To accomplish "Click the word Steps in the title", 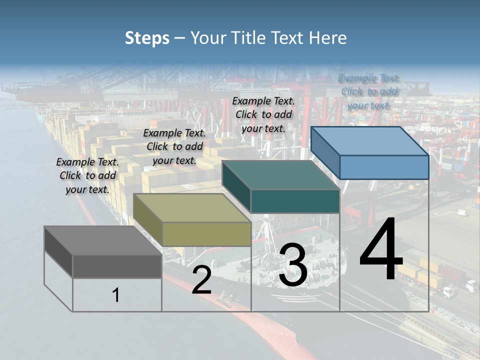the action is (147, 38).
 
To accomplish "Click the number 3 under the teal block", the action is (293, 265).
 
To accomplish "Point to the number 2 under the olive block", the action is (201, 280).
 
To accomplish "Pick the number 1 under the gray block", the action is (116, 295).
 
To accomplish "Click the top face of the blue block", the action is (370, 141).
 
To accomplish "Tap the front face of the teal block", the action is (295, 201).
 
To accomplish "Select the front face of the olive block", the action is (206, 234).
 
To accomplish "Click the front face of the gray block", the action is (117, 266).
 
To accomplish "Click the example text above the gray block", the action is (87, 175).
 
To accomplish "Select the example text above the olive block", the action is (174, 146).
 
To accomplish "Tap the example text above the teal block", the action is (263, 114).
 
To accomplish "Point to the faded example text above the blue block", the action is (369, 91).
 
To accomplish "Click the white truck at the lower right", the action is (471, 285).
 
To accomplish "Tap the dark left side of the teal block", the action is (236, 185).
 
